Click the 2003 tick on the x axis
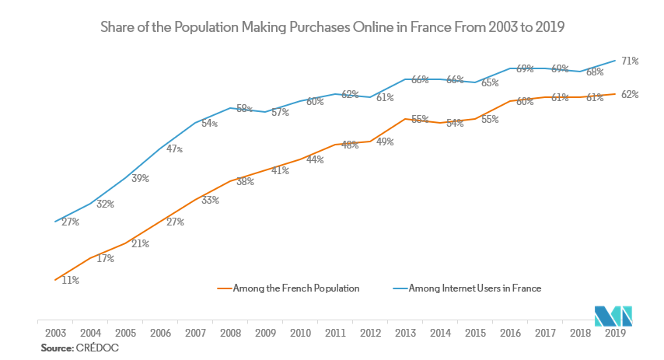(x=55, y=332)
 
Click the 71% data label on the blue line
(x=629, y=61)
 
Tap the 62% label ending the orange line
(x=629, y=95)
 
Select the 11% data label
(x=71, y=280)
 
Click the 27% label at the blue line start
(x=71, y=222)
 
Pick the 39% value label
(x=140, y=178)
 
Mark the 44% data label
(x=315, y=159)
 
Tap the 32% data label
(x=106, y=204)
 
